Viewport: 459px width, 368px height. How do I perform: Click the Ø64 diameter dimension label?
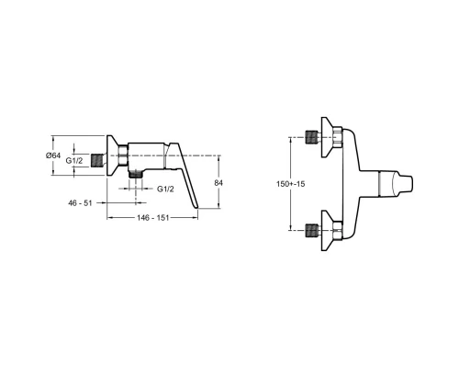[53, 155]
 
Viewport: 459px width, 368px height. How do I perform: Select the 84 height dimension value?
[218, 183]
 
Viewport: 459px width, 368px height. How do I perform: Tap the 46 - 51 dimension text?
[80, 203]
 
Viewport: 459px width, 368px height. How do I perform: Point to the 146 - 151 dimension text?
[152, 218]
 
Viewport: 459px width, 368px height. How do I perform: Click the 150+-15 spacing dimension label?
[290, 184]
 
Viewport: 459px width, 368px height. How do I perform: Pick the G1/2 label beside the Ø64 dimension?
[74, 160]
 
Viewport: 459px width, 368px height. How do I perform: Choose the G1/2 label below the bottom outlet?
[165, 190]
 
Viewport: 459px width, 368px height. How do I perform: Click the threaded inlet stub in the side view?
[98, 161]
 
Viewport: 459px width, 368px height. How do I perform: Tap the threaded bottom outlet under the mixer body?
[136, 175]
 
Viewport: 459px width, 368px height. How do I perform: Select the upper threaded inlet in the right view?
[312, 137]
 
